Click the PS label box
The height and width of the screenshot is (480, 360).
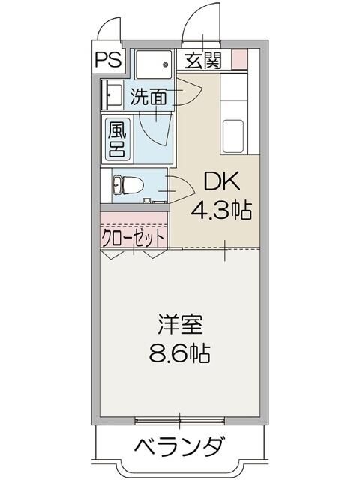point(109,60)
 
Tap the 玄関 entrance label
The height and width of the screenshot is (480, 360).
point(202,60)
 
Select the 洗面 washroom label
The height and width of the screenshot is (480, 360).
point(148,97)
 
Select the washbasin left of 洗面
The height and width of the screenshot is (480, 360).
point(112,94)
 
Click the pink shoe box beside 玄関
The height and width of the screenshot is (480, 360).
point(238,58)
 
